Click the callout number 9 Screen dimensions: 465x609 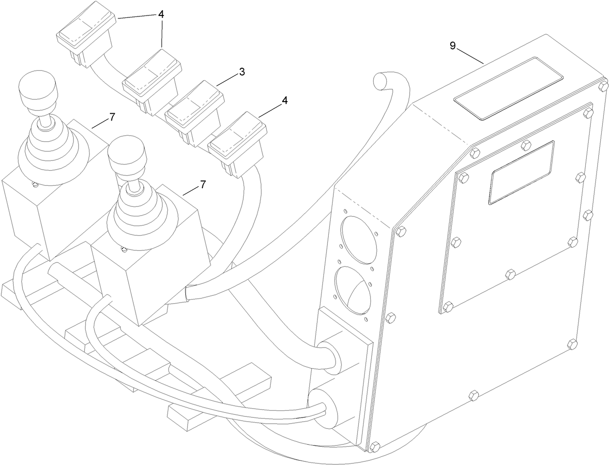453,46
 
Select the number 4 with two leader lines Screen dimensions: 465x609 161,15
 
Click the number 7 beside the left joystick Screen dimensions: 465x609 112,117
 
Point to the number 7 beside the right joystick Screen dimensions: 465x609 203,184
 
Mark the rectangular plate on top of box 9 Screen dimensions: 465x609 508,88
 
